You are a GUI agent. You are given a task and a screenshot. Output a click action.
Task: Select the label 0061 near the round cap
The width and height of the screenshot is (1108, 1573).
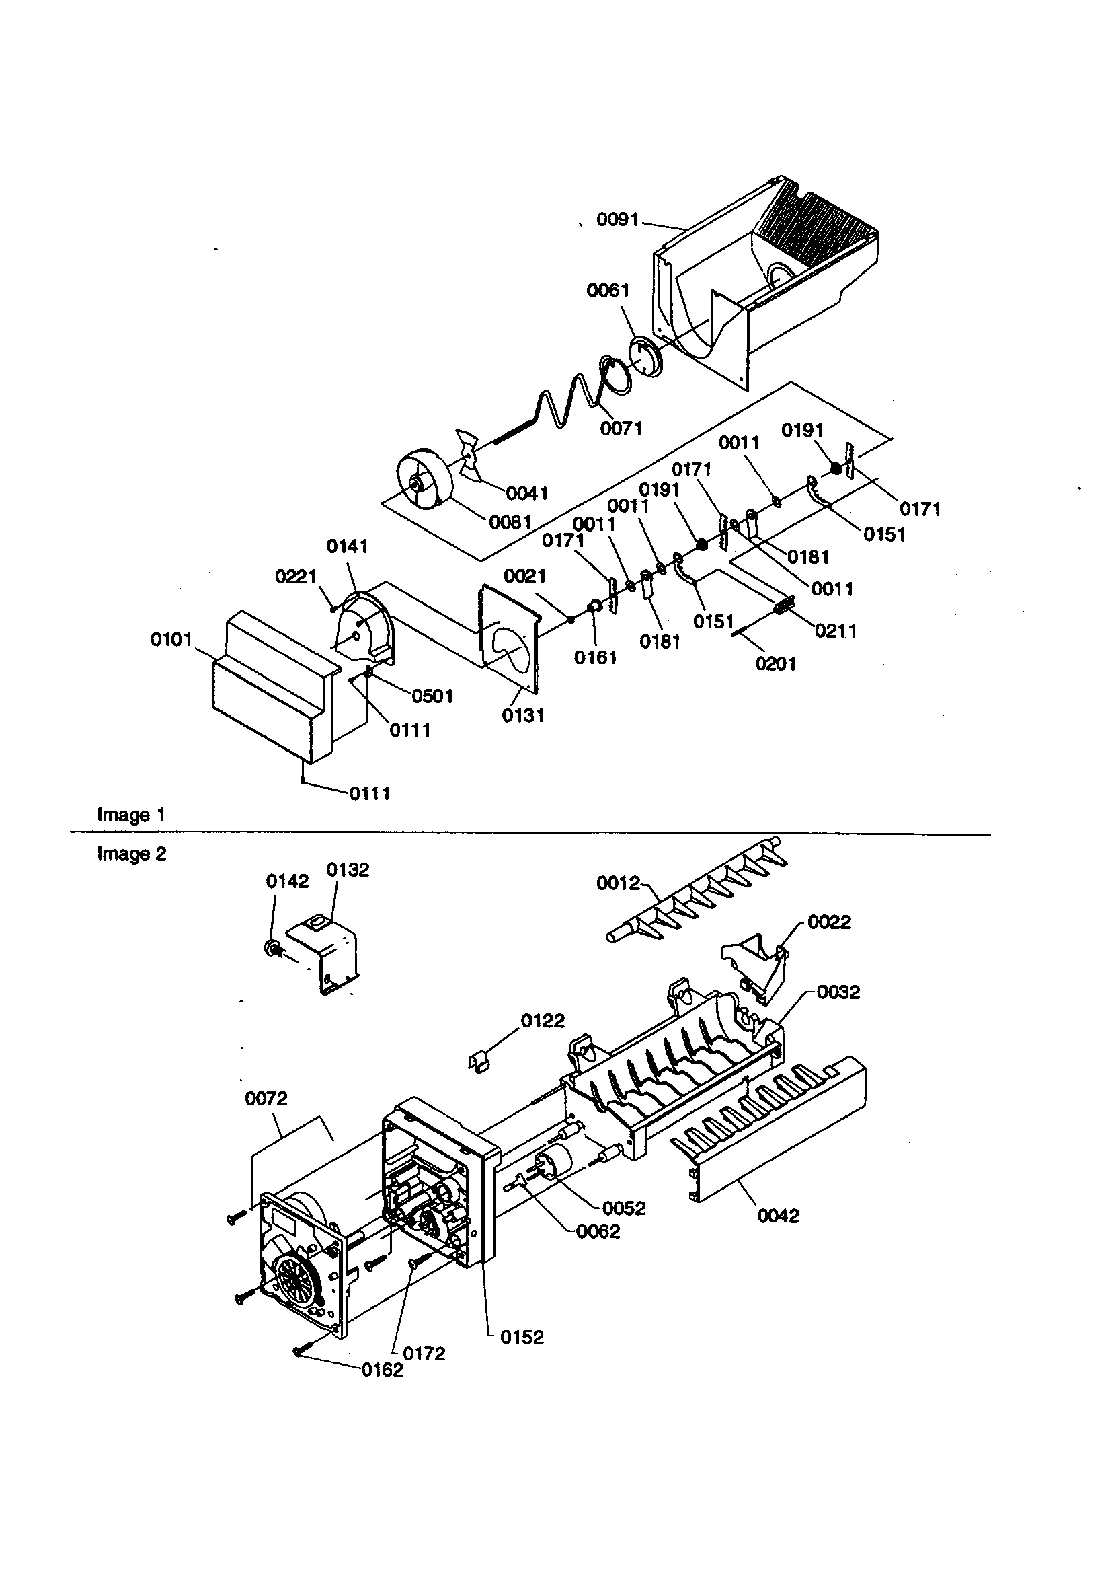point(607,291)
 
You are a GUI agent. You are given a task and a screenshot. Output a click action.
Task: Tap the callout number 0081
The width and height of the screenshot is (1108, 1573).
point(510,522)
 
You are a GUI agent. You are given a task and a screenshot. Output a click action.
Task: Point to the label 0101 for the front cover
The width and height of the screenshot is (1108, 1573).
point(171,640)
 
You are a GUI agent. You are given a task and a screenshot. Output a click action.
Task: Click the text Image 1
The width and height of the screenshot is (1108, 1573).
point(131,815)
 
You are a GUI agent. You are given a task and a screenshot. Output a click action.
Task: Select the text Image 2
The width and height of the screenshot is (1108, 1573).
point(131,854)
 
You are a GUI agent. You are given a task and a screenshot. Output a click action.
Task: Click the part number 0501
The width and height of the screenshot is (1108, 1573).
point(432,696)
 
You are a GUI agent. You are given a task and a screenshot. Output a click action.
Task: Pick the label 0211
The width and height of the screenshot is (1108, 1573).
point(836,630)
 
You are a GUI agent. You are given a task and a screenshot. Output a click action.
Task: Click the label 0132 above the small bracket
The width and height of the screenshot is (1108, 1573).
point(347,869)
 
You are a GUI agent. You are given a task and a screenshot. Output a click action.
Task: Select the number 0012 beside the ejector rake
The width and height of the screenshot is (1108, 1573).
point(618,884)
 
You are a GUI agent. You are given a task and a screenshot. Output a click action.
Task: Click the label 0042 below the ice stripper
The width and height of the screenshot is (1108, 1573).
point(779,1215)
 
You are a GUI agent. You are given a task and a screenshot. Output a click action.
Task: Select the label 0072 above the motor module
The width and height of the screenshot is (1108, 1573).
point(266,1098)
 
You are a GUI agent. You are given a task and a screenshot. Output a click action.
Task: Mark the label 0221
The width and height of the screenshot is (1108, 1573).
point(295,576)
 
